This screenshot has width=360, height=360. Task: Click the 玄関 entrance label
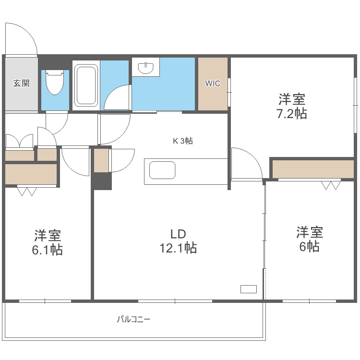point(21,83)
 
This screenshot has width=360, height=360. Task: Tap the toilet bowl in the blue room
point(55,83)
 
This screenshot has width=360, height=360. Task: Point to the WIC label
point(213,84)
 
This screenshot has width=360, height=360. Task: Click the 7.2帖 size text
point(292,114)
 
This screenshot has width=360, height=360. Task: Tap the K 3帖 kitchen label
point(183,141)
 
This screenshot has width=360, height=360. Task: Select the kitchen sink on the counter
point(162,171)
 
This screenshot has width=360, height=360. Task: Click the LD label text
point(178,234)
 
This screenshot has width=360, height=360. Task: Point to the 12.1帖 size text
point(178,249)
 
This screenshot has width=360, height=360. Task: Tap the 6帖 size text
point(310,247)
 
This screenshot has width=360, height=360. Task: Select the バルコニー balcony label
point(134,319)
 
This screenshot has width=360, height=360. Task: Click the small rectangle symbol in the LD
point(249,289)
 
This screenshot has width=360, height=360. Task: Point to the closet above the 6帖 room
point(312,168)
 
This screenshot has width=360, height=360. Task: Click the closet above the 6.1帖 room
point(31,174)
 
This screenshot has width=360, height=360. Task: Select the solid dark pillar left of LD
point(102,181)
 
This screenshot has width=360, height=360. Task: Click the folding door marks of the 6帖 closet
point(330,185)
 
